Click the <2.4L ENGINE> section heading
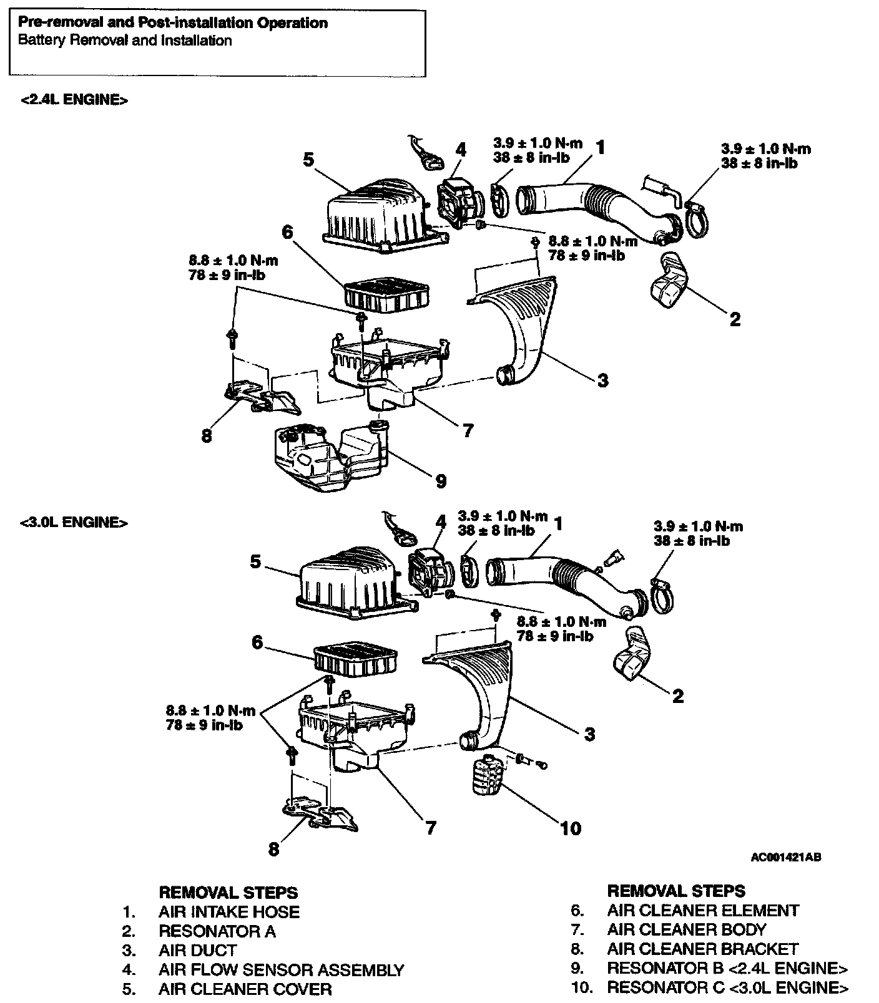tap(74, 100)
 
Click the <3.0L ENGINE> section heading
tap(74, 523)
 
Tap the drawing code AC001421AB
tap(785, 857)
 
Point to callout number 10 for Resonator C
tap(571, 828)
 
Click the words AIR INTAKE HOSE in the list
tap(228, 912)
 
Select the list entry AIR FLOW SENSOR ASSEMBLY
tap(281, 970)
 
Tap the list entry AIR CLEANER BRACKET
tap(702, 949)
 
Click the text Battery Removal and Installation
tap(125, 41)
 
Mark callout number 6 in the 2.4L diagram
tap(287, 232)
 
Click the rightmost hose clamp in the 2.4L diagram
tap(699, 218)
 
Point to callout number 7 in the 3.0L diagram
tap(430, 828)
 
